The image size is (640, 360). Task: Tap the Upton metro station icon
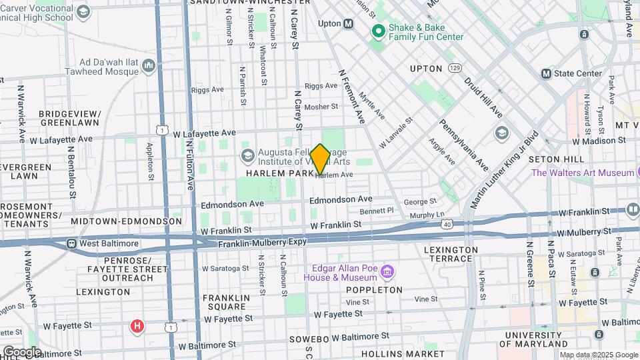348,24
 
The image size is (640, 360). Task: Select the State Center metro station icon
547,73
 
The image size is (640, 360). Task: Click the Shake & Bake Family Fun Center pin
378,31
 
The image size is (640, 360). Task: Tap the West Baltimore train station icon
71,243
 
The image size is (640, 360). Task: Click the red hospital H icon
137,326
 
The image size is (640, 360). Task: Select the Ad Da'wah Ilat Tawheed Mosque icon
148,65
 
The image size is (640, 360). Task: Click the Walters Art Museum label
581,173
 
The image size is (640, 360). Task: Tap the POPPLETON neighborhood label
374,290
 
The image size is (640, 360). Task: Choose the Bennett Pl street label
377,211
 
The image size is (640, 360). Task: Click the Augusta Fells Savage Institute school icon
247,156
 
